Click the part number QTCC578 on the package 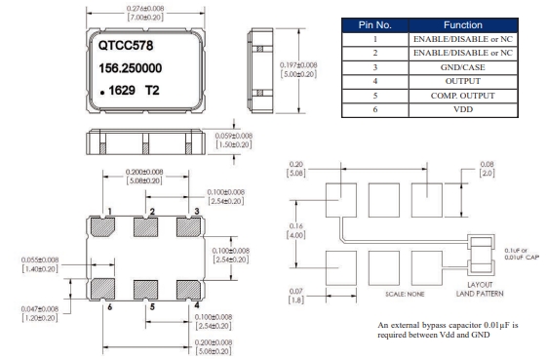126,46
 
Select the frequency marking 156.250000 130,68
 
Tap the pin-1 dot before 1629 102,93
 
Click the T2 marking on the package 152,91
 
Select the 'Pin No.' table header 375,25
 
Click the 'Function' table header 463,25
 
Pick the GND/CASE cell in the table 463,67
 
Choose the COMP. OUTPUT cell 463,96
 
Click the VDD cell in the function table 463,109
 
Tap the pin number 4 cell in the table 375,81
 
